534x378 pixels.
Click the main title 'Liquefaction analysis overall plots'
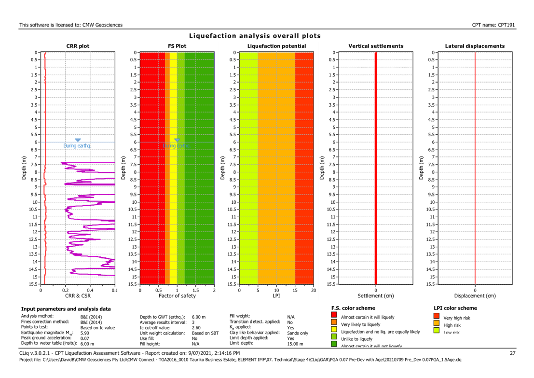(x=255, y=36)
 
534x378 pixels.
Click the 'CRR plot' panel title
(x=78, y=46)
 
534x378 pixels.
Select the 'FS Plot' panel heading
(x=177, y=46)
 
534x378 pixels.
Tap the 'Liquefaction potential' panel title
(x=276, y=46)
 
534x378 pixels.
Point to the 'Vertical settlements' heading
(x=376, y=46)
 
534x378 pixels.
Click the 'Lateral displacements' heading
(x=475, y=46)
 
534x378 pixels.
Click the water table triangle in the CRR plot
(x=78, y=140)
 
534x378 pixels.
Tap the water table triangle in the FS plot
(x=177, y=140)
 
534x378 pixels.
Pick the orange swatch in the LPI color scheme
(x=436, y=323)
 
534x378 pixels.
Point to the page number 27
(x=513, y=353)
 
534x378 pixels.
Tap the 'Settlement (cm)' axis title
(x=375, y=295)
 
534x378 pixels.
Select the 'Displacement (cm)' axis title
(x=475, y=295)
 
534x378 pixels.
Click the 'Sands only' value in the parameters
(x=297, y=333)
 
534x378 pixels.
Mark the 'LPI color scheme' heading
(x=455, y=308)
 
